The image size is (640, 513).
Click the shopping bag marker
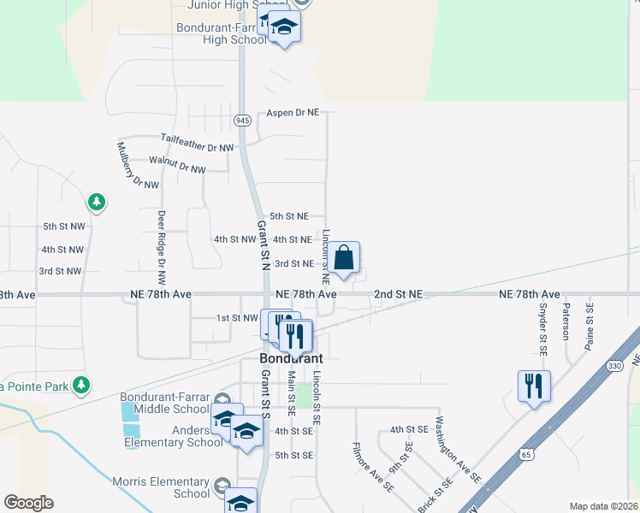(x=343, y=258)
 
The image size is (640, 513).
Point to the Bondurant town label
(x=291, y=358)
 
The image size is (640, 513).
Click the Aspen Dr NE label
(x=293, y=113)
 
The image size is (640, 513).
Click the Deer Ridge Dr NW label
(x=160, y=248)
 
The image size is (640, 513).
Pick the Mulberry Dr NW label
(x=137, y=165)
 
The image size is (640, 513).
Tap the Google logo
(x=28, y=502)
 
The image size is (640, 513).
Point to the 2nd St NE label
(x=398, y=294)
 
